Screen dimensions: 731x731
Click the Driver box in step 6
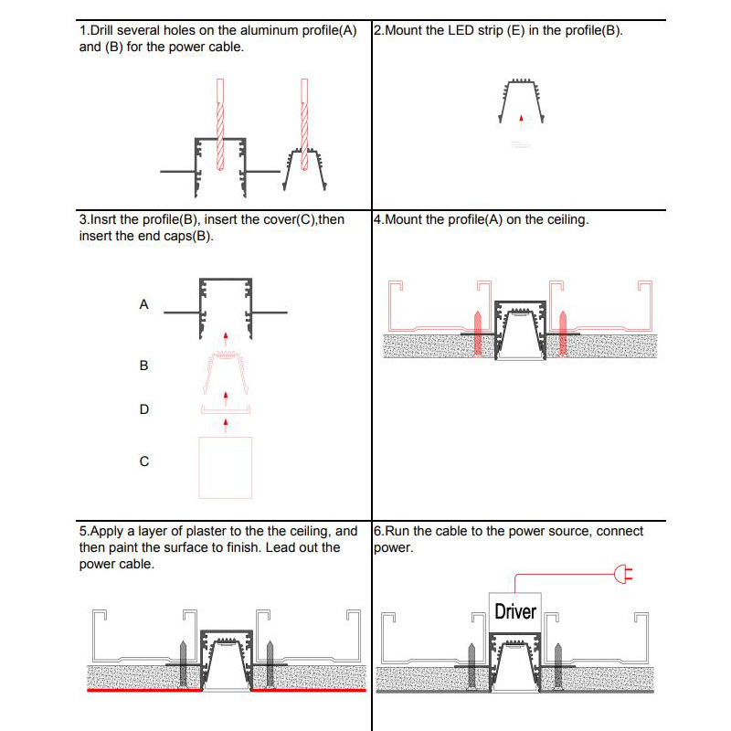pyautogui.click(x=515, y=609)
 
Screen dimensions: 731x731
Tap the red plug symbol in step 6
pyautogui.click(x=624, y=575)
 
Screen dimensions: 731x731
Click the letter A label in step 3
pyautogui.click(x=143, y=305)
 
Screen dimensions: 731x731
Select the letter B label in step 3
pyautogui.click(x=143, y=365)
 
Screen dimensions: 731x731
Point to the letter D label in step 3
pyautogui.click(x=143, y=409)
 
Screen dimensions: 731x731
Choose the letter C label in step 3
pyautogui.click(x=143, y=461)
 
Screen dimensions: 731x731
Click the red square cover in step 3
pyautogui.click(x=225, y=466)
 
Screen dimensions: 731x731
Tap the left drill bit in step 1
pyautogui.click(x=219, y=123)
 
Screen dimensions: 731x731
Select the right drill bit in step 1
pyautogui.click(x=304, y=119)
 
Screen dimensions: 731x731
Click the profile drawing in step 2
pyautogui.click(x=520, y=102)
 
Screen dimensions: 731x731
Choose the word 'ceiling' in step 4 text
pyautogui.click(x=563, y=220)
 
